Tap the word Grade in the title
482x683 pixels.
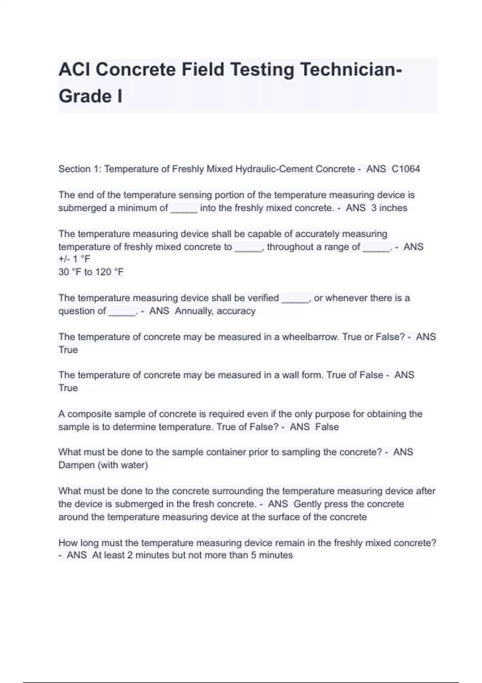coord(85,96)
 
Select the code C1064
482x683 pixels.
coord(406,169)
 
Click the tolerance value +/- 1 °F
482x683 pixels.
coord(74,259)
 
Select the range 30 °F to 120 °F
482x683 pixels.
coord(91,272)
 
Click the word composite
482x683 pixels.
coord(88,414)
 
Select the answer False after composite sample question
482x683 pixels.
coord(327,427)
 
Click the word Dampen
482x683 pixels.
coord(76,465)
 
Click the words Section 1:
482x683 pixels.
coord(80,169)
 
